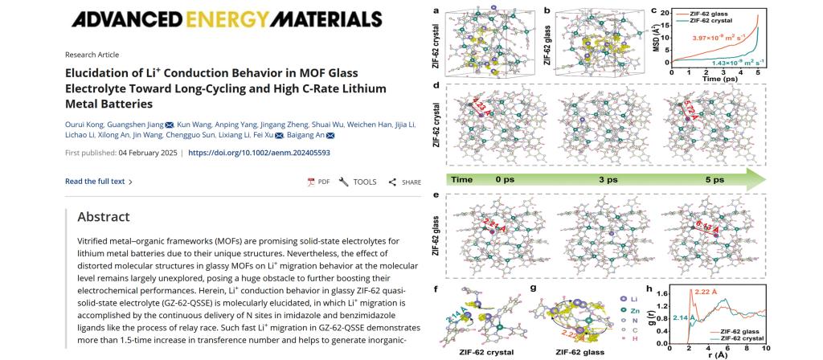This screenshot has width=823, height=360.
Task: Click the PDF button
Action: click(x=319, y=182)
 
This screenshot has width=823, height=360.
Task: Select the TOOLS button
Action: click(x=358, y=182)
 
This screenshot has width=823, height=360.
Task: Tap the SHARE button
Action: click(x=405, y=182)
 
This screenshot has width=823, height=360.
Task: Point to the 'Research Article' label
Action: click(x=92, y=55)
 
